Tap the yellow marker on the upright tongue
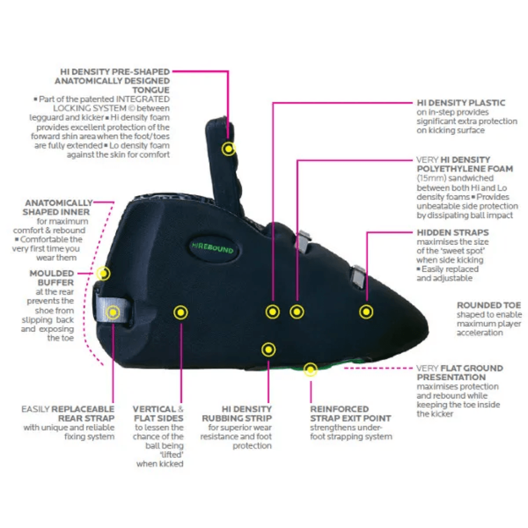228,149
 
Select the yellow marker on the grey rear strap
113,311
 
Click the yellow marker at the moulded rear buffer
103,273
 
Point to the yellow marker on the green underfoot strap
310,369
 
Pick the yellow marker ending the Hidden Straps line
366,311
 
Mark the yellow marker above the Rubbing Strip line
268,350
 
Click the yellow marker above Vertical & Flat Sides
181,311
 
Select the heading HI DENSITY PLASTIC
461,103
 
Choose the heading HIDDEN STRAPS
453,232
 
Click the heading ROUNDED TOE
488,305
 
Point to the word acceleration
480,332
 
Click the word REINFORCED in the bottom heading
339,409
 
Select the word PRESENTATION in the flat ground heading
451,377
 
